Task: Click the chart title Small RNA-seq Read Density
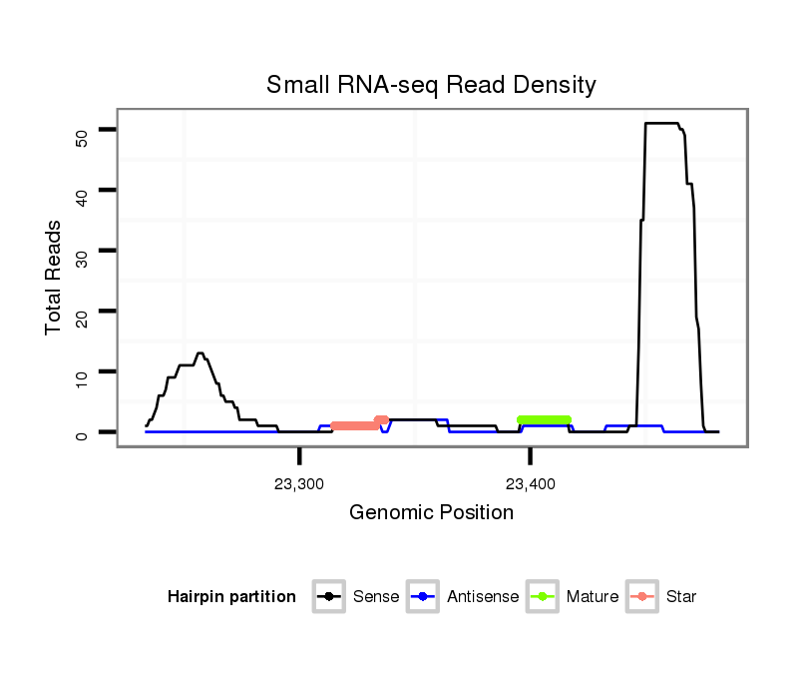pos(431,85)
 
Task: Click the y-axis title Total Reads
pos(54,277)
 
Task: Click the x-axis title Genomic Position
pos(431,513)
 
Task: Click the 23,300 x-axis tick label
pos(299,484)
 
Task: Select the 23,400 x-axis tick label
pos(531,484)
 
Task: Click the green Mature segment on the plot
pos(544,419)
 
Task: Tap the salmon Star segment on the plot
pos(356,425)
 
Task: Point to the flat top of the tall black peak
pos(662,123)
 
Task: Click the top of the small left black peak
pos(201,353)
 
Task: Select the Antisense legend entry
pos(464,597)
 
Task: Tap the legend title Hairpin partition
pos(231,597)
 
